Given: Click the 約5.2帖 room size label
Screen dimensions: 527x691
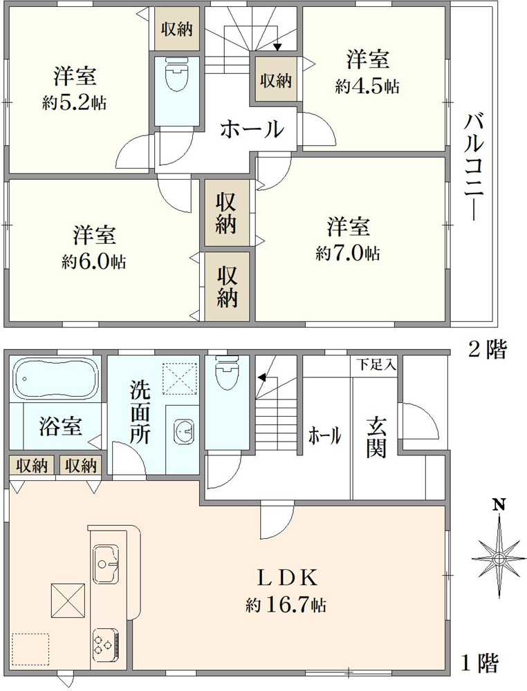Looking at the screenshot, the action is (74, 103).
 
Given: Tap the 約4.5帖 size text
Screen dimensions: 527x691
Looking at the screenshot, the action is (367, 86).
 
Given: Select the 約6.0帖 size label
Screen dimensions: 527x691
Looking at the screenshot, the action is (94, 262).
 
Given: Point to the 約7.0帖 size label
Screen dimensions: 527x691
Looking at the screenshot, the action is (347, 253).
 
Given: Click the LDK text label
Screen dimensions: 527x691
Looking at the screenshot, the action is (287, 578).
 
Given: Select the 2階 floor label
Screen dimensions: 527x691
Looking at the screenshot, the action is (487, 350).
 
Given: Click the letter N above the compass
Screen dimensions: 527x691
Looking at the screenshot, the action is (499, 504).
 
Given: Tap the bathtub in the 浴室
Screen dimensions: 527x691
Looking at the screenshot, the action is (55, 379).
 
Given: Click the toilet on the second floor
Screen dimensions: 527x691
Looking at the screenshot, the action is (177, 75).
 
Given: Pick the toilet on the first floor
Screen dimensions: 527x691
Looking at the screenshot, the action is (227, 373).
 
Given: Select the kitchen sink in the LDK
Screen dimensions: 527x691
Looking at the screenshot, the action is (106, 565).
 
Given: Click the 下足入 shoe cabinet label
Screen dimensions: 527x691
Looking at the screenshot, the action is (376, 365).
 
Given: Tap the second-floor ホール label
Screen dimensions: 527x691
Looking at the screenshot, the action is (251, 129).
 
